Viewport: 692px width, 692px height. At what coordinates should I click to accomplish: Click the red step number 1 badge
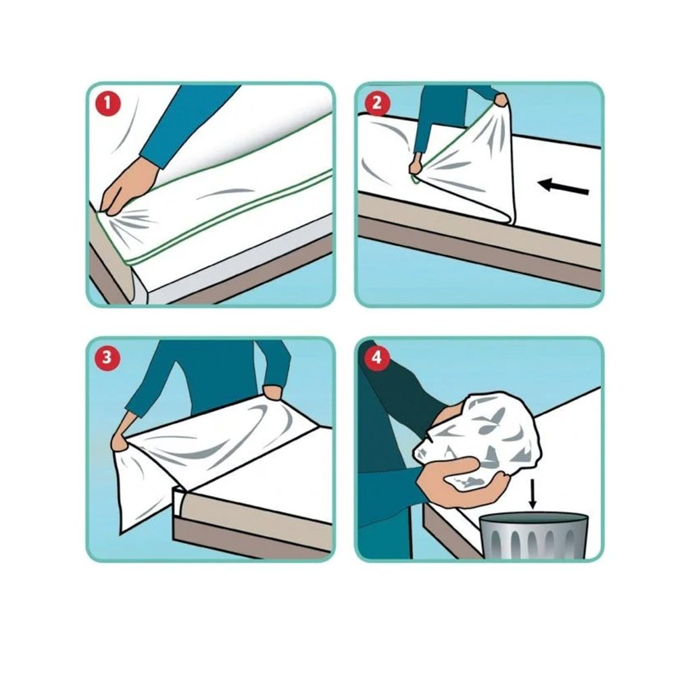(107, 105)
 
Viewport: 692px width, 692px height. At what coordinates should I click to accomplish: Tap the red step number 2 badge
(376, 104)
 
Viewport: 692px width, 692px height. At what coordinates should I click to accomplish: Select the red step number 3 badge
(107, 357)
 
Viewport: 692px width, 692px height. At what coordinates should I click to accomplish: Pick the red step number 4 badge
(376, 357)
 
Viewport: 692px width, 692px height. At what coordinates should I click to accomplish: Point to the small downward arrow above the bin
(533, 494)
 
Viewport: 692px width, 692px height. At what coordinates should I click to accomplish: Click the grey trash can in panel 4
(534, 536)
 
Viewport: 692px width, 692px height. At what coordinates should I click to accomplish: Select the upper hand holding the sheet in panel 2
(501, 100)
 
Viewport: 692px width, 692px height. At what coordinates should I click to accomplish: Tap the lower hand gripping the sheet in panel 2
(416, 165)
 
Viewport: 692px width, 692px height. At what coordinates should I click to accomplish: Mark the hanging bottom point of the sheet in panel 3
(122, 533)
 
